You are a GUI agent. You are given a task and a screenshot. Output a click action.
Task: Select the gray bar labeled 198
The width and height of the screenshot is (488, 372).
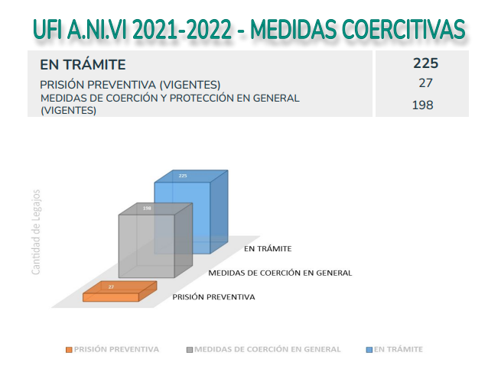[146, 244]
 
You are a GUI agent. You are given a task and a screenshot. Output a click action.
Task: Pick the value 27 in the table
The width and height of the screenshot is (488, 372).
[426, 83]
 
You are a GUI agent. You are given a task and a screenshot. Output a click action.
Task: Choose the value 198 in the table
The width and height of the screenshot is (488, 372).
[423, 105]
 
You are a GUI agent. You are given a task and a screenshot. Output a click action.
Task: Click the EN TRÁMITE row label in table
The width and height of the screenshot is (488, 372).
[83, 65]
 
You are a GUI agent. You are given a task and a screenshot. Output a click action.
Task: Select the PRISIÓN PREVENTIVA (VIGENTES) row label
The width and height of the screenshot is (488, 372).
[130, 84]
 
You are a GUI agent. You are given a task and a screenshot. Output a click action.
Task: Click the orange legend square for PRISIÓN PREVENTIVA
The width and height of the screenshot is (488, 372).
[69, 349]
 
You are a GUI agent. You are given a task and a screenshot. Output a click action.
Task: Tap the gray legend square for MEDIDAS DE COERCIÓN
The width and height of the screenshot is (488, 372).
[190, 349]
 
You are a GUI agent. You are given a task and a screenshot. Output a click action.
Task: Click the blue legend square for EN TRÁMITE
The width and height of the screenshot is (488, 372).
[369, 349]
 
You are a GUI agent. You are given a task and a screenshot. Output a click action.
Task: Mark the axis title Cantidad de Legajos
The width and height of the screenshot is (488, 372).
[36, 231]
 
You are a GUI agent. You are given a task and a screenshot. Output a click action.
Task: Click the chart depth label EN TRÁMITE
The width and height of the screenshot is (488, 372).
[268, 249]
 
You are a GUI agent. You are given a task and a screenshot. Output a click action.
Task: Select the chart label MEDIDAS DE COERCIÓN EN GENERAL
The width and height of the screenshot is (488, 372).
[280, 273]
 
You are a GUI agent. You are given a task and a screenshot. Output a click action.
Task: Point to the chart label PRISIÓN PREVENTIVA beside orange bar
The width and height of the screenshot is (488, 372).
[213, 297]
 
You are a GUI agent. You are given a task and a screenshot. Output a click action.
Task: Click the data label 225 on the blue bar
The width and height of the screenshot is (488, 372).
[183, 176]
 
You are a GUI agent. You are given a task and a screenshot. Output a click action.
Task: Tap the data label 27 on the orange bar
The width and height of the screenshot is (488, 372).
[111, 286]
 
